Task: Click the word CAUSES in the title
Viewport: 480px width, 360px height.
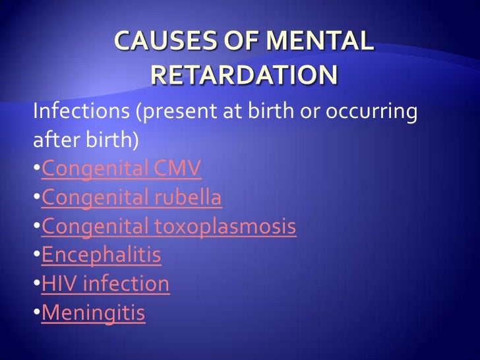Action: point(158,43)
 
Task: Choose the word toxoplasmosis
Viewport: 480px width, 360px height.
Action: point(225,227)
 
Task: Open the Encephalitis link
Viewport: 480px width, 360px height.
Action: point(102,255)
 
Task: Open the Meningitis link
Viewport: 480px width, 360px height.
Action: point(93,313)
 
